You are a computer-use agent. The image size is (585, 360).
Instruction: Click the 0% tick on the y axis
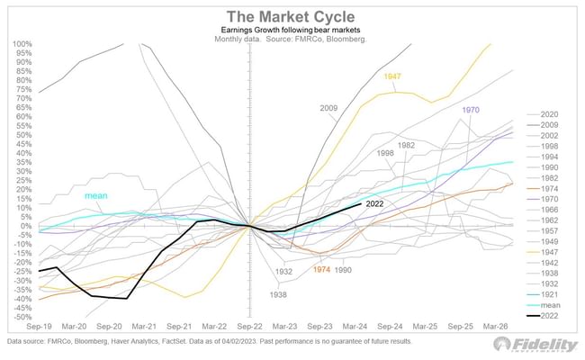(x=27, y=226)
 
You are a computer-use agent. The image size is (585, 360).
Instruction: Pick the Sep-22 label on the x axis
(x=249, y=327)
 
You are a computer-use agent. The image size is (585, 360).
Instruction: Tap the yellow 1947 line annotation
(x=391, y=77)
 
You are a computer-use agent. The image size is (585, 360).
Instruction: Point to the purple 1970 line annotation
(x=470, y=110)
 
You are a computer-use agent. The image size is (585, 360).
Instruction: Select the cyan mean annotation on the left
(x=96, y=195)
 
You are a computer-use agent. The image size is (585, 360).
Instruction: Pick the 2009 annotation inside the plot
(x=329, y=108)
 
